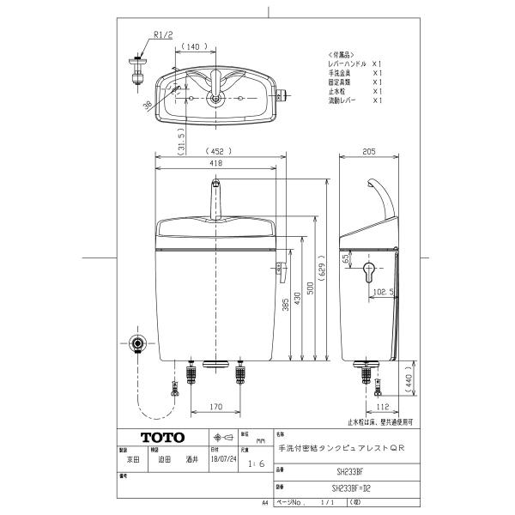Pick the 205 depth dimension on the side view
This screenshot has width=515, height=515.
[370, 153]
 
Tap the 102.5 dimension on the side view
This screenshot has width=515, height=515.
[383, 292]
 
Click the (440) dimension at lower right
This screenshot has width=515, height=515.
[411, 378]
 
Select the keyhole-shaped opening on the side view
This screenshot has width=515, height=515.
[370, 273]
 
